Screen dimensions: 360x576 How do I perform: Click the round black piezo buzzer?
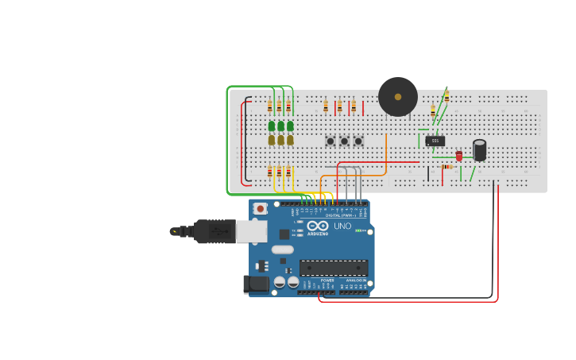coord(398,97)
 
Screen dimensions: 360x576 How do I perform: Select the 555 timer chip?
coord(435,141)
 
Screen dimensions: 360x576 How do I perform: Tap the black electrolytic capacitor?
coord(480,150)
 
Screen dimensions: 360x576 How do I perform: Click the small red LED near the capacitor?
coord(458,156)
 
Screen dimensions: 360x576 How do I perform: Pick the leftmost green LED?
coord(272,126)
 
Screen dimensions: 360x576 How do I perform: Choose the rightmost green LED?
coord(290,126)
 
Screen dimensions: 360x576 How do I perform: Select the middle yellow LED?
coord(280,140)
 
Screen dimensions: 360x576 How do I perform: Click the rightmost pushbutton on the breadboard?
coord(358,141)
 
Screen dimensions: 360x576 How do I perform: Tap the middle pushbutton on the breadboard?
coord(344,141)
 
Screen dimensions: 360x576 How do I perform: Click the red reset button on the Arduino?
coord(260,208)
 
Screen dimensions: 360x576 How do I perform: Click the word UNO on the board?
coord(342,226)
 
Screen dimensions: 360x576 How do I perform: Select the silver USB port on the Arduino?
coord(251,231)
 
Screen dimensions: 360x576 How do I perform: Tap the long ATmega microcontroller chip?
coord(334,268)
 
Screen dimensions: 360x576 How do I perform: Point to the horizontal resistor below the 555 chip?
coord(446,167)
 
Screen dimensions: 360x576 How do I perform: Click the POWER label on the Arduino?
coord(327,281)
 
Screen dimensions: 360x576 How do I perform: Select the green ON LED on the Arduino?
coord(358,230)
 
